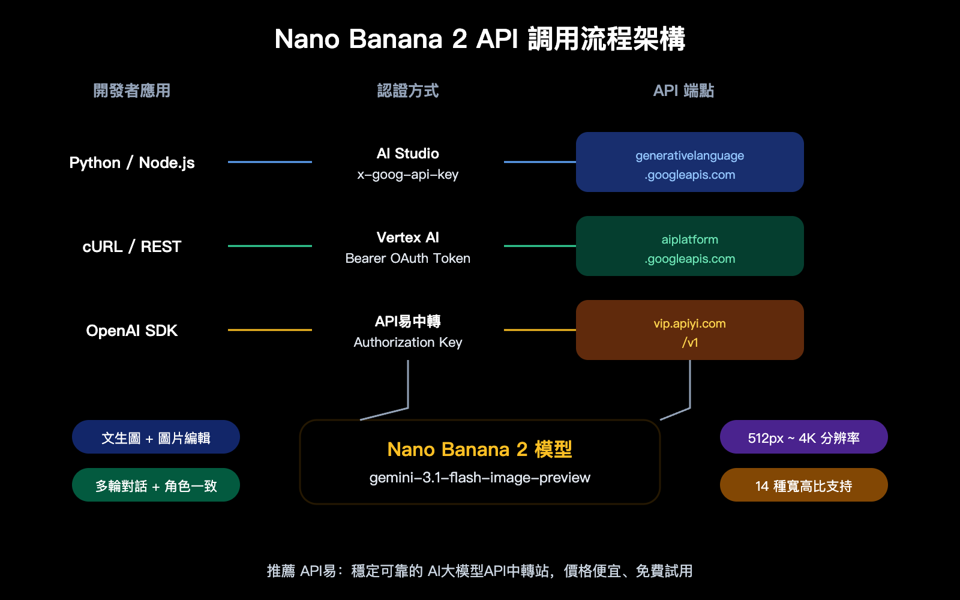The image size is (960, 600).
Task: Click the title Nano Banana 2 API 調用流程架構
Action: (479, 39)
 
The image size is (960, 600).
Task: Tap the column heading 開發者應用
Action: (132, 91)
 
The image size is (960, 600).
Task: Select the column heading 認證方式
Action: (407, 91)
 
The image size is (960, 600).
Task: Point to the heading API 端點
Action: (683, 91)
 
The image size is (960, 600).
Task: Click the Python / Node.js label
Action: (132, 163)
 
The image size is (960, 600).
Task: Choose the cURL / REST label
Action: (132, 247)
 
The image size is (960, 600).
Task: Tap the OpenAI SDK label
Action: (132, 331)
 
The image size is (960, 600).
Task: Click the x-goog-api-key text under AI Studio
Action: (407, 175)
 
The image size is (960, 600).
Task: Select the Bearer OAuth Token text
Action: (407, 259)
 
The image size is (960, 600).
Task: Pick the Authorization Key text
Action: (407, 343)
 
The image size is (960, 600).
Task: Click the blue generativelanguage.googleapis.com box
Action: (689, 162)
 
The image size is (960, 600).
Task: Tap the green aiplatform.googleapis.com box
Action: (689, 246)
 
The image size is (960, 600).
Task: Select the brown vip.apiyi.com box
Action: (689, 330)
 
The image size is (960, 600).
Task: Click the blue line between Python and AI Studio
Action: (270, 162)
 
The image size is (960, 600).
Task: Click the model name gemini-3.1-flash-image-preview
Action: (479, 478)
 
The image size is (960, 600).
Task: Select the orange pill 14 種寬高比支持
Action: (803, 485)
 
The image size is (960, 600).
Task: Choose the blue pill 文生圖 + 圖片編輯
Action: (155, 437)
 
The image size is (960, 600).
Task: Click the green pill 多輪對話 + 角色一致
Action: (155, 485)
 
